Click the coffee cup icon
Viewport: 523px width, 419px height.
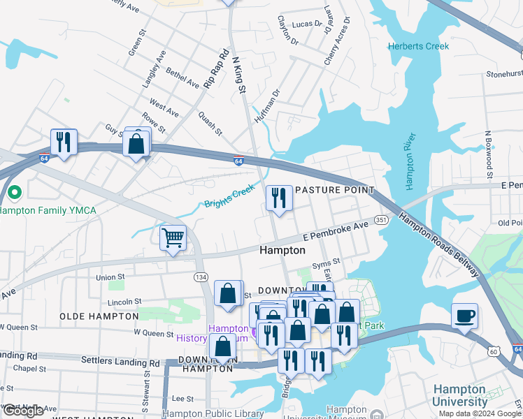(x=465, y=315)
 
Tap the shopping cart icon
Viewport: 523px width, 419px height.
(x=173, y=237)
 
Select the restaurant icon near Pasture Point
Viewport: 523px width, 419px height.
(x=279, y=198)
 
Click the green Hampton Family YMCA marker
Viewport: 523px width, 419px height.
(x=13, y=191)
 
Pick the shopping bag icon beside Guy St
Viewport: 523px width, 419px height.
(x=137, y=143)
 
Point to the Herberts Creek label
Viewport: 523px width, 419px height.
(x=419, y=46)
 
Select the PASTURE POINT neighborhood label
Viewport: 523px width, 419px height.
(x=334, y=190)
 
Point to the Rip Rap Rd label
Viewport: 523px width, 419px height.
(x=216, y=68)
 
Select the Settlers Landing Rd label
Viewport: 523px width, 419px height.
(x=121, y=362)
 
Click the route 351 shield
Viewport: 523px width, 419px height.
(x=381, y=219)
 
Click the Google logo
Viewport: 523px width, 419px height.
(x=23, y=411)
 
